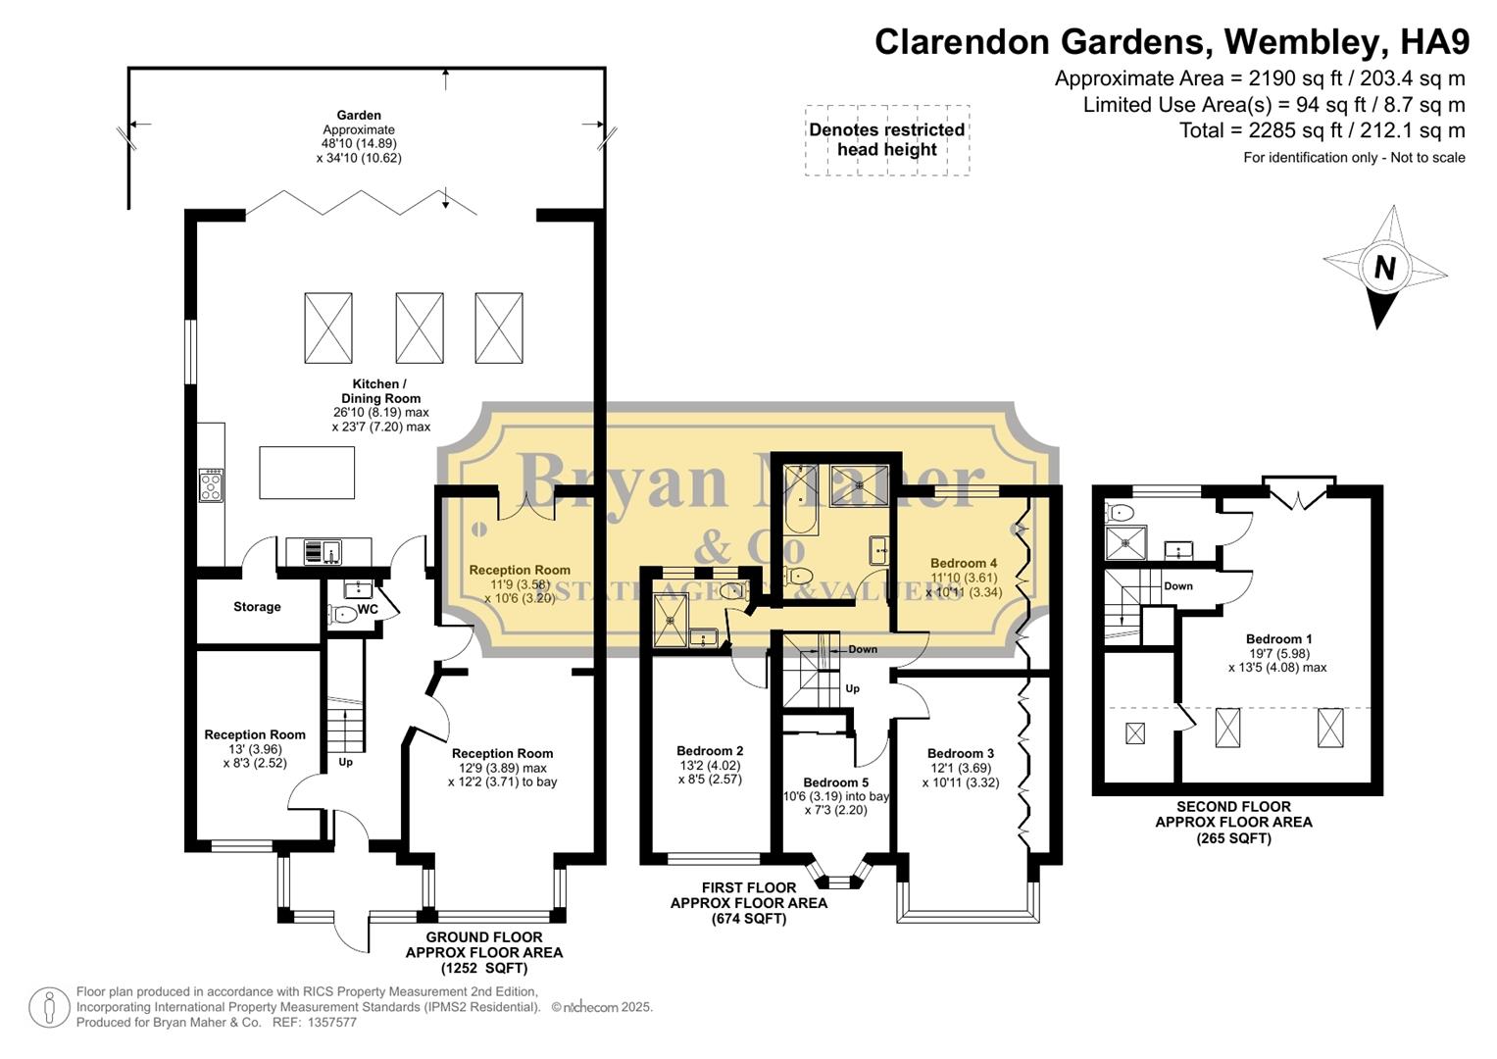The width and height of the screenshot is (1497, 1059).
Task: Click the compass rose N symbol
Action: point(1383,267)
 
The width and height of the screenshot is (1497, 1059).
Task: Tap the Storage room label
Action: point(257,607)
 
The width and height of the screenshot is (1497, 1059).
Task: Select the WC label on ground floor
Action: point(368,609)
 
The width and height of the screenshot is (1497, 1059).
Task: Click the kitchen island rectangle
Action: point(307,473)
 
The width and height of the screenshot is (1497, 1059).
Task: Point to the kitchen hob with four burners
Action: point(211,484)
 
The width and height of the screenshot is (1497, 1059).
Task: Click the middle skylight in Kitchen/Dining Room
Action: point(420,328)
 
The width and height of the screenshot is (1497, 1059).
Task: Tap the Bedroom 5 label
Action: point(835,782)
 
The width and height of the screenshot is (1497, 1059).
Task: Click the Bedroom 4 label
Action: point(963,563)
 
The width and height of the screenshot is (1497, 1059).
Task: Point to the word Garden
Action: point(359,115)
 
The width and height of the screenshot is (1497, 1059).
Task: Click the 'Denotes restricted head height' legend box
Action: point(887,140)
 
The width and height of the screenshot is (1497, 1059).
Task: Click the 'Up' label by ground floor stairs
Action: point(345,762)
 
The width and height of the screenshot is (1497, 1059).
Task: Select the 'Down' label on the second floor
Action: point(1177,586)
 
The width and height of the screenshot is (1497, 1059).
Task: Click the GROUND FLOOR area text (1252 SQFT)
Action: point(483,952)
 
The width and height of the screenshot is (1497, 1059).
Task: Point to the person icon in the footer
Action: point(48,1008)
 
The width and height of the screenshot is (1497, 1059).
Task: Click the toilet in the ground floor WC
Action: point(342,615)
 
